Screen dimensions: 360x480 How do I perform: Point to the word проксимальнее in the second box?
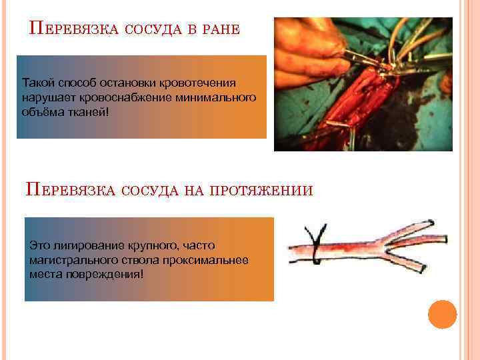coord(215,260)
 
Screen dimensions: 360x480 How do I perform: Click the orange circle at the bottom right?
coord(441,314)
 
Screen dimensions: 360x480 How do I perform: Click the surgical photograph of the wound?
coord(363,84)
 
